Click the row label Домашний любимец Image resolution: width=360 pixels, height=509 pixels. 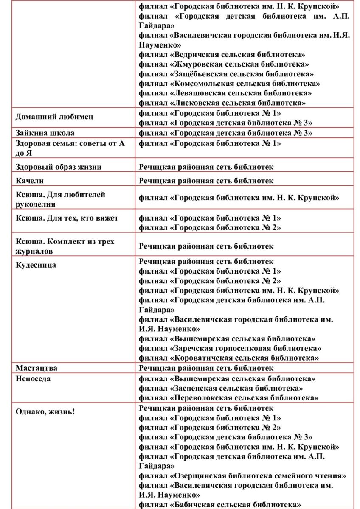pyautogui.click(x=54, y=117)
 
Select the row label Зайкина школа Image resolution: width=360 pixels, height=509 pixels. pyautogui.click(x=45, y=133)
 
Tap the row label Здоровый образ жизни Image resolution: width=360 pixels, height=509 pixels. pyautogui.click(x=59, y=167)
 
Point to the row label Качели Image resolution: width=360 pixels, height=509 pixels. pyautogui.click(x=30, y=181)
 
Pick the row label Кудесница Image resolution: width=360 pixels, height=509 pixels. pyautogui.click(x=36, y=265)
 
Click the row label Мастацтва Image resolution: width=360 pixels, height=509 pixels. pyautogui.click(x=37, y=368)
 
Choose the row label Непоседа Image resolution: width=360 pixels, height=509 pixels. pyautogui.click(x=33, y=378)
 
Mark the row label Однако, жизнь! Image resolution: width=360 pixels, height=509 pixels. pyautogui.click(x=45, y=411)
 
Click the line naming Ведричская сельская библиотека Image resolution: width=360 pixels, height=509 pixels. pyautogui.click(x=222, y=55)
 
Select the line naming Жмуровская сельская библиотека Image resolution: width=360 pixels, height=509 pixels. pyautogui.click(x=224, y=64)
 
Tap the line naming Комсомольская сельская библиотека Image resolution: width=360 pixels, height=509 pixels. pyautogui.click(x=229, y=84)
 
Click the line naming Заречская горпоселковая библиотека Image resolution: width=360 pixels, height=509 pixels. pyautogui.click(x=230, y=348)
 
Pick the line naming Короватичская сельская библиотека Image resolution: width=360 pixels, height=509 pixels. pyautogui.click(x=229, y=358)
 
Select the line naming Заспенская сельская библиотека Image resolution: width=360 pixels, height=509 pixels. pyautogui.click(x=221, y=388)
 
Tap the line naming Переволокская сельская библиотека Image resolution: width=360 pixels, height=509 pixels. pyautogui.click(x=228, y=398)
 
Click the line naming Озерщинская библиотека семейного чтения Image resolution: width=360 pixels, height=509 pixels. pyautogui.click(x=242, y=475)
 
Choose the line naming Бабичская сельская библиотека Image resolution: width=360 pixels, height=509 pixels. pyautogui.click(x=220, y=505)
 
